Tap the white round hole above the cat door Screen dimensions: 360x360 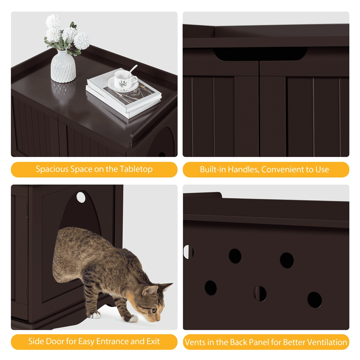(x=81, y=197)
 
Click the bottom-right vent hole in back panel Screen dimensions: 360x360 (x=314, y=300)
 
